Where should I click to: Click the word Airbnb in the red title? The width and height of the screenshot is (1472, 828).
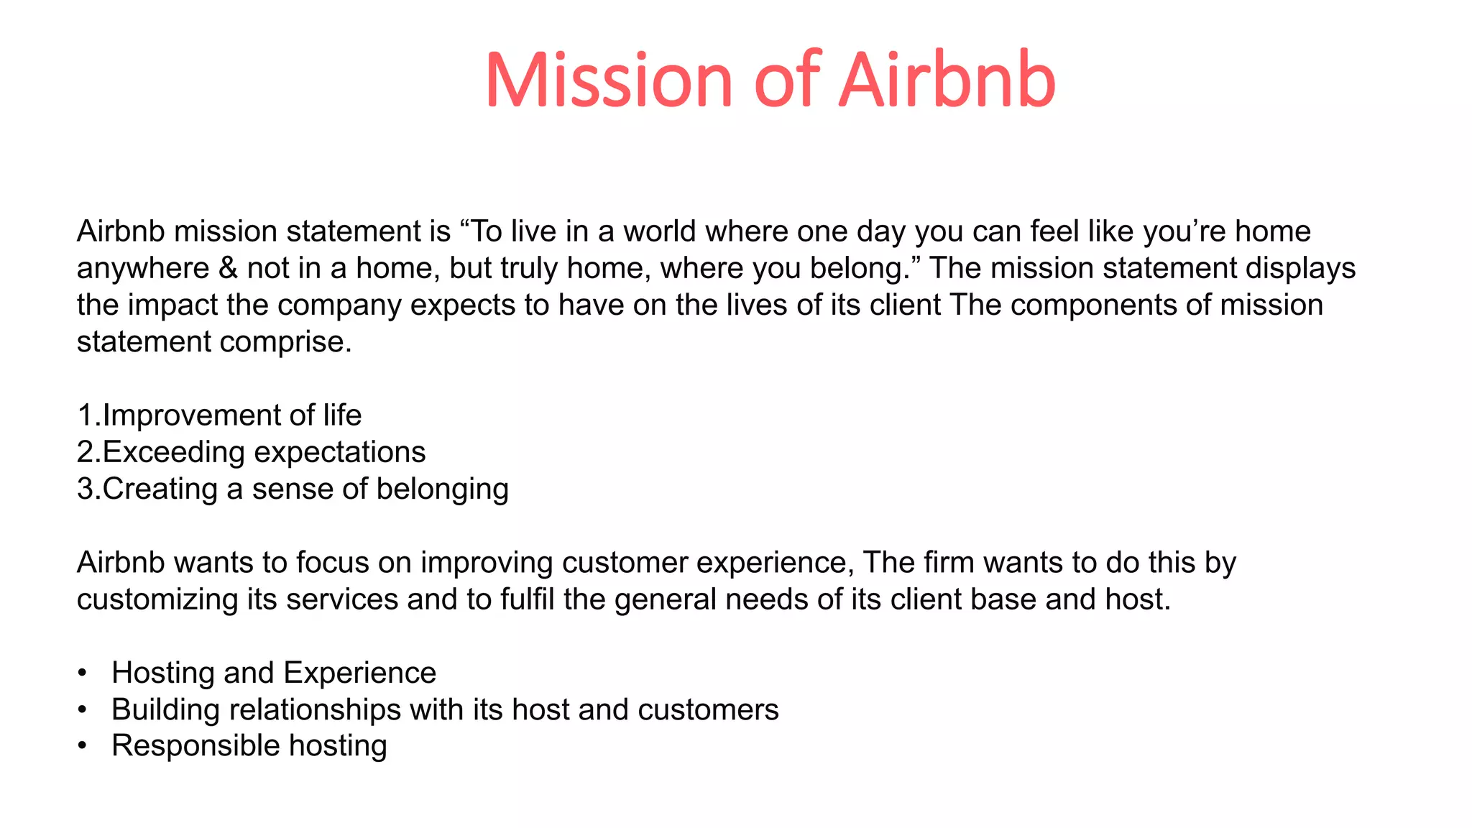tap(947, 80)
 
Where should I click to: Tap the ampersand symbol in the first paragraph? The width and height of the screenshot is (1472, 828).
tap(228, 269)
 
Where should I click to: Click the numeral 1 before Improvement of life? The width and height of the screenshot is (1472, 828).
tap(85, 415)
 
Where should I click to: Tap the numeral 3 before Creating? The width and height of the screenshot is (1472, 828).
tap(85, 489)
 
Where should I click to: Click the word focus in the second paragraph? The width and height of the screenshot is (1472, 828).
tap(332, 563)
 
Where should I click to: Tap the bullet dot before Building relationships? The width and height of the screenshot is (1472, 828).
tap(83, 710)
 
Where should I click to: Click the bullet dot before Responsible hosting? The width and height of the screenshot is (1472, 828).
tap(83, 746)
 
